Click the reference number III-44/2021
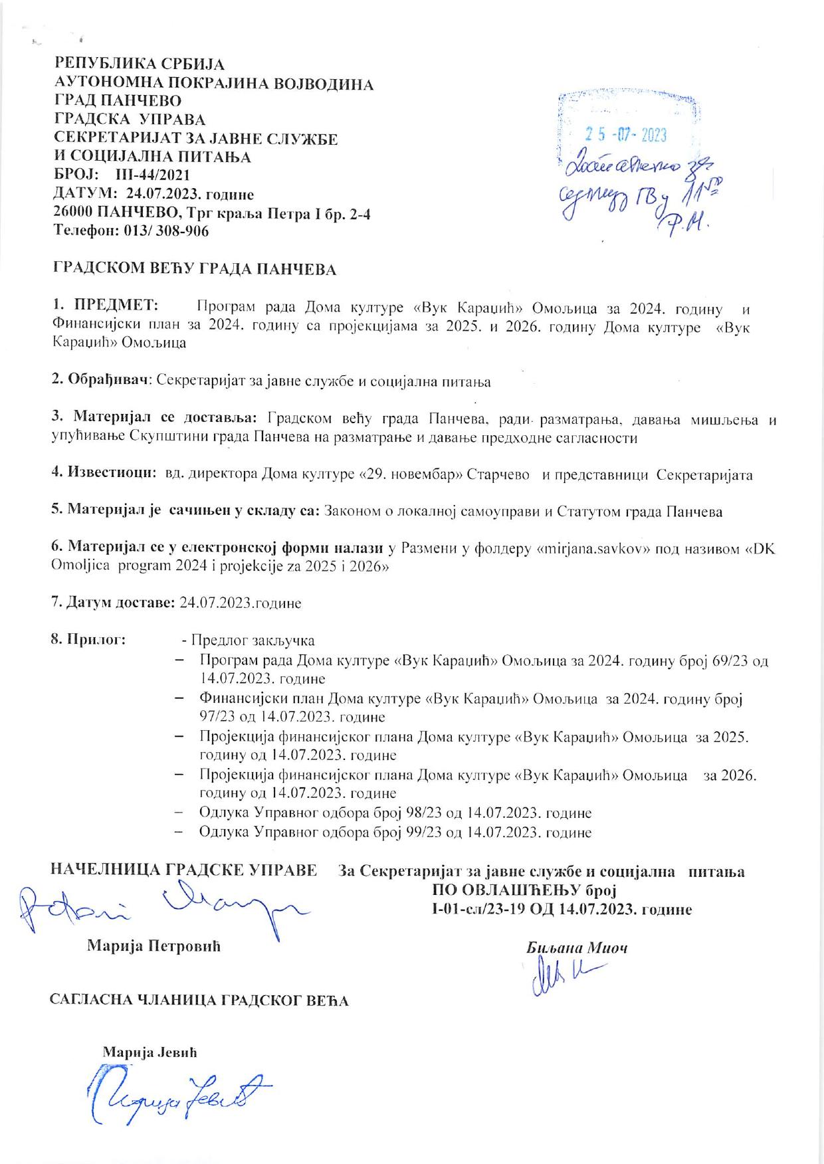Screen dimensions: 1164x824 pos(153,176)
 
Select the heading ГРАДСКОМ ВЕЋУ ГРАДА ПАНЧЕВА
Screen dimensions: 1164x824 pos(195,269)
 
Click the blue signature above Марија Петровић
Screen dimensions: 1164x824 pos(159,908)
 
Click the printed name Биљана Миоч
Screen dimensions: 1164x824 pos(576,948)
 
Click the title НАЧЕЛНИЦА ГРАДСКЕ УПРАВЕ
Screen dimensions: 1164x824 pos(184,870)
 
